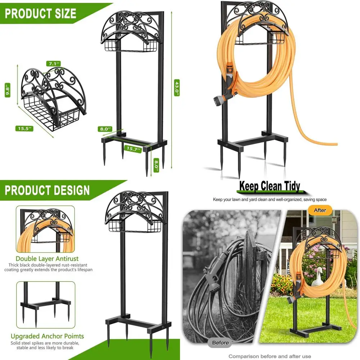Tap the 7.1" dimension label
(x=53, y=64)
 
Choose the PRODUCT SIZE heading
(x=40, y=14)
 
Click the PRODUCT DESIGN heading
(x=47, y=190)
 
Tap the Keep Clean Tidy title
(x=270, y=186)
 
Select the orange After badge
(x=320, y=210)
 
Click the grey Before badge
(x=220, y=342)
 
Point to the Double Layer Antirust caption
(x=47, y=258)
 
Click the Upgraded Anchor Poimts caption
(x=47, y=336)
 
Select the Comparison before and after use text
(x=270, y=356)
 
